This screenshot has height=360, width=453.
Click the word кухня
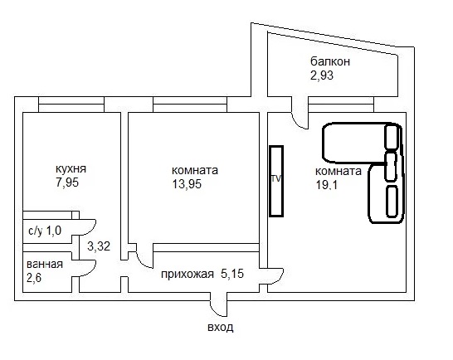click(71, 168)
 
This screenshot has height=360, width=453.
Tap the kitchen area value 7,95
click(67, 182)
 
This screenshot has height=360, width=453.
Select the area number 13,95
click(187, 184)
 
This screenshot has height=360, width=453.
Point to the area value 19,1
click(327, 185)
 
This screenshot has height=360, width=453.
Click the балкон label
click(330, 61)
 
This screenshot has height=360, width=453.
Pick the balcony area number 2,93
click(322, 75)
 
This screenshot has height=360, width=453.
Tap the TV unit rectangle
click(276, 181)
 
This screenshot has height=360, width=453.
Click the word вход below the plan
click(221, 328)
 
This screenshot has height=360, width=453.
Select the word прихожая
click(188, 275)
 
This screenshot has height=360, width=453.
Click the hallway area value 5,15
click(232, 274)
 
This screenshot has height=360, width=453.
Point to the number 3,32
click(99, 246)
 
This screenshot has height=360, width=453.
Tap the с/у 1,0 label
click(45, 231)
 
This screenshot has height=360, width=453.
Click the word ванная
click(45, 264)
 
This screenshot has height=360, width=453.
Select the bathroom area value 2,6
click(34, 278)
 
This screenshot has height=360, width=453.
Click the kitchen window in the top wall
click(71, 105)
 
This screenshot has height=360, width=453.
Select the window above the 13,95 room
click(190, 105)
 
